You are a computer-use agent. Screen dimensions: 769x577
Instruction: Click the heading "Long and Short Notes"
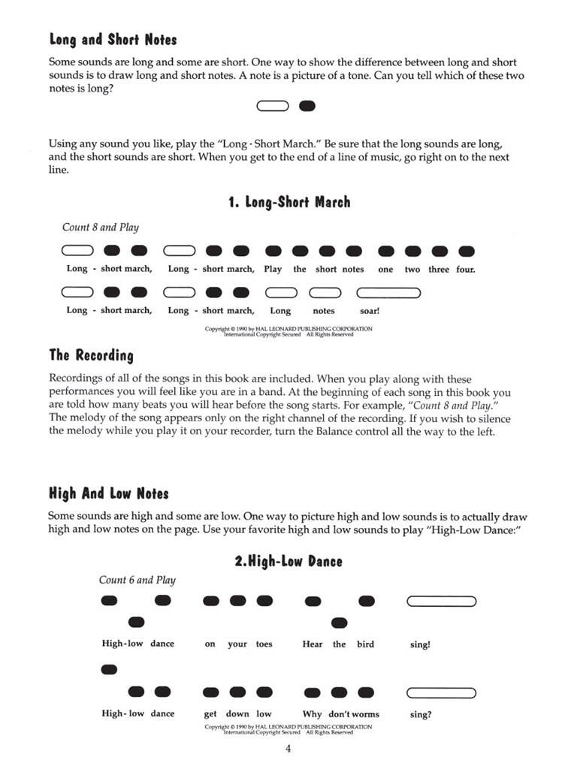(x=113, y=39)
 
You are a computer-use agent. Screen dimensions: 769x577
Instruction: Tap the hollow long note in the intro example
(x=272, y=107)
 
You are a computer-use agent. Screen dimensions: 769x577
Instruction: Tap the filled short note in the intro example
(x=307, y=107)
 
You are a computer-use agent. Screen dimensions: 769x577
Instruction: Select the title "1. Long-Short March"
(x=288, y=202)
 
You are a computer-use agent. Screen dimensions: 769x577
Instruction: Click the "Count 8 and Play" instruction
(x=101, y=228)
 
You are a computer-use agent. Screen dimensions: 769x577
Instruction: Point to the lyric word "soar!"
(x=370, y=310)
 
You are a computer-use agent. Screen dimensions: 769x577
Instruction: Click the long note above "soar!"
(x=388, y=291)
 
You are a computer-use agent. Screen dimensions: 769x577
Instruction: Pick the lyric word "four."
(x=465, y=269)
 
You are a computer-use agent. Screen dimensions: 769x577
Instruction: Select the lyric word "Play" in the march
(x=273, y=269)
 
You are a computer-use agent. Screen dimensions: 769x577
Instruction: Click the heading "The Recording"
(x=91, y=355)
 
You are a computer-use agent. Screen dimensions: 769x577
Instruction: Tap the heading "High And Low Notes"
(x=108, y=493)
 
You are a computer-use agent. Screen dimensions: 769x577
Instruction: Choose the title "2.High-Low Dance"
(x=288, y=561)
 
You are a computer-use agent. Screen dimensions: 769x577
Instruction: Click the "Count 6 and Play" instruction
(x=137, y=580)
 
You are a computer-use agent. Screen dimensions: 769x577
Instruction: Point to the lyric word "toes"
(x=264, y=644)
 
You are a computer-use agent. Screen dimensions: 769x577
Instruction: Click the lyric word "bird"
(x=366, y=644)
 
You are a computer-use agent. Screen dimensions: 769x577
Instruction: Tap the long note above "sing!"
(x=441, y=601)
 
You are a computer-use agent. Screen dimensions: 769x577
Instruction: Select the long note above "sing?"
(x=441, y=692)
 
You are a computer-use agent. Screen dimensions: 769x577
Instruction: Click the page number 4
(x=288, y=749)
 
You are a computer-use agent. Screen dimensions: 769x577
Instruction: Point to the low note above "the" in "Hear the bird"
(x=340, y=623)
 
